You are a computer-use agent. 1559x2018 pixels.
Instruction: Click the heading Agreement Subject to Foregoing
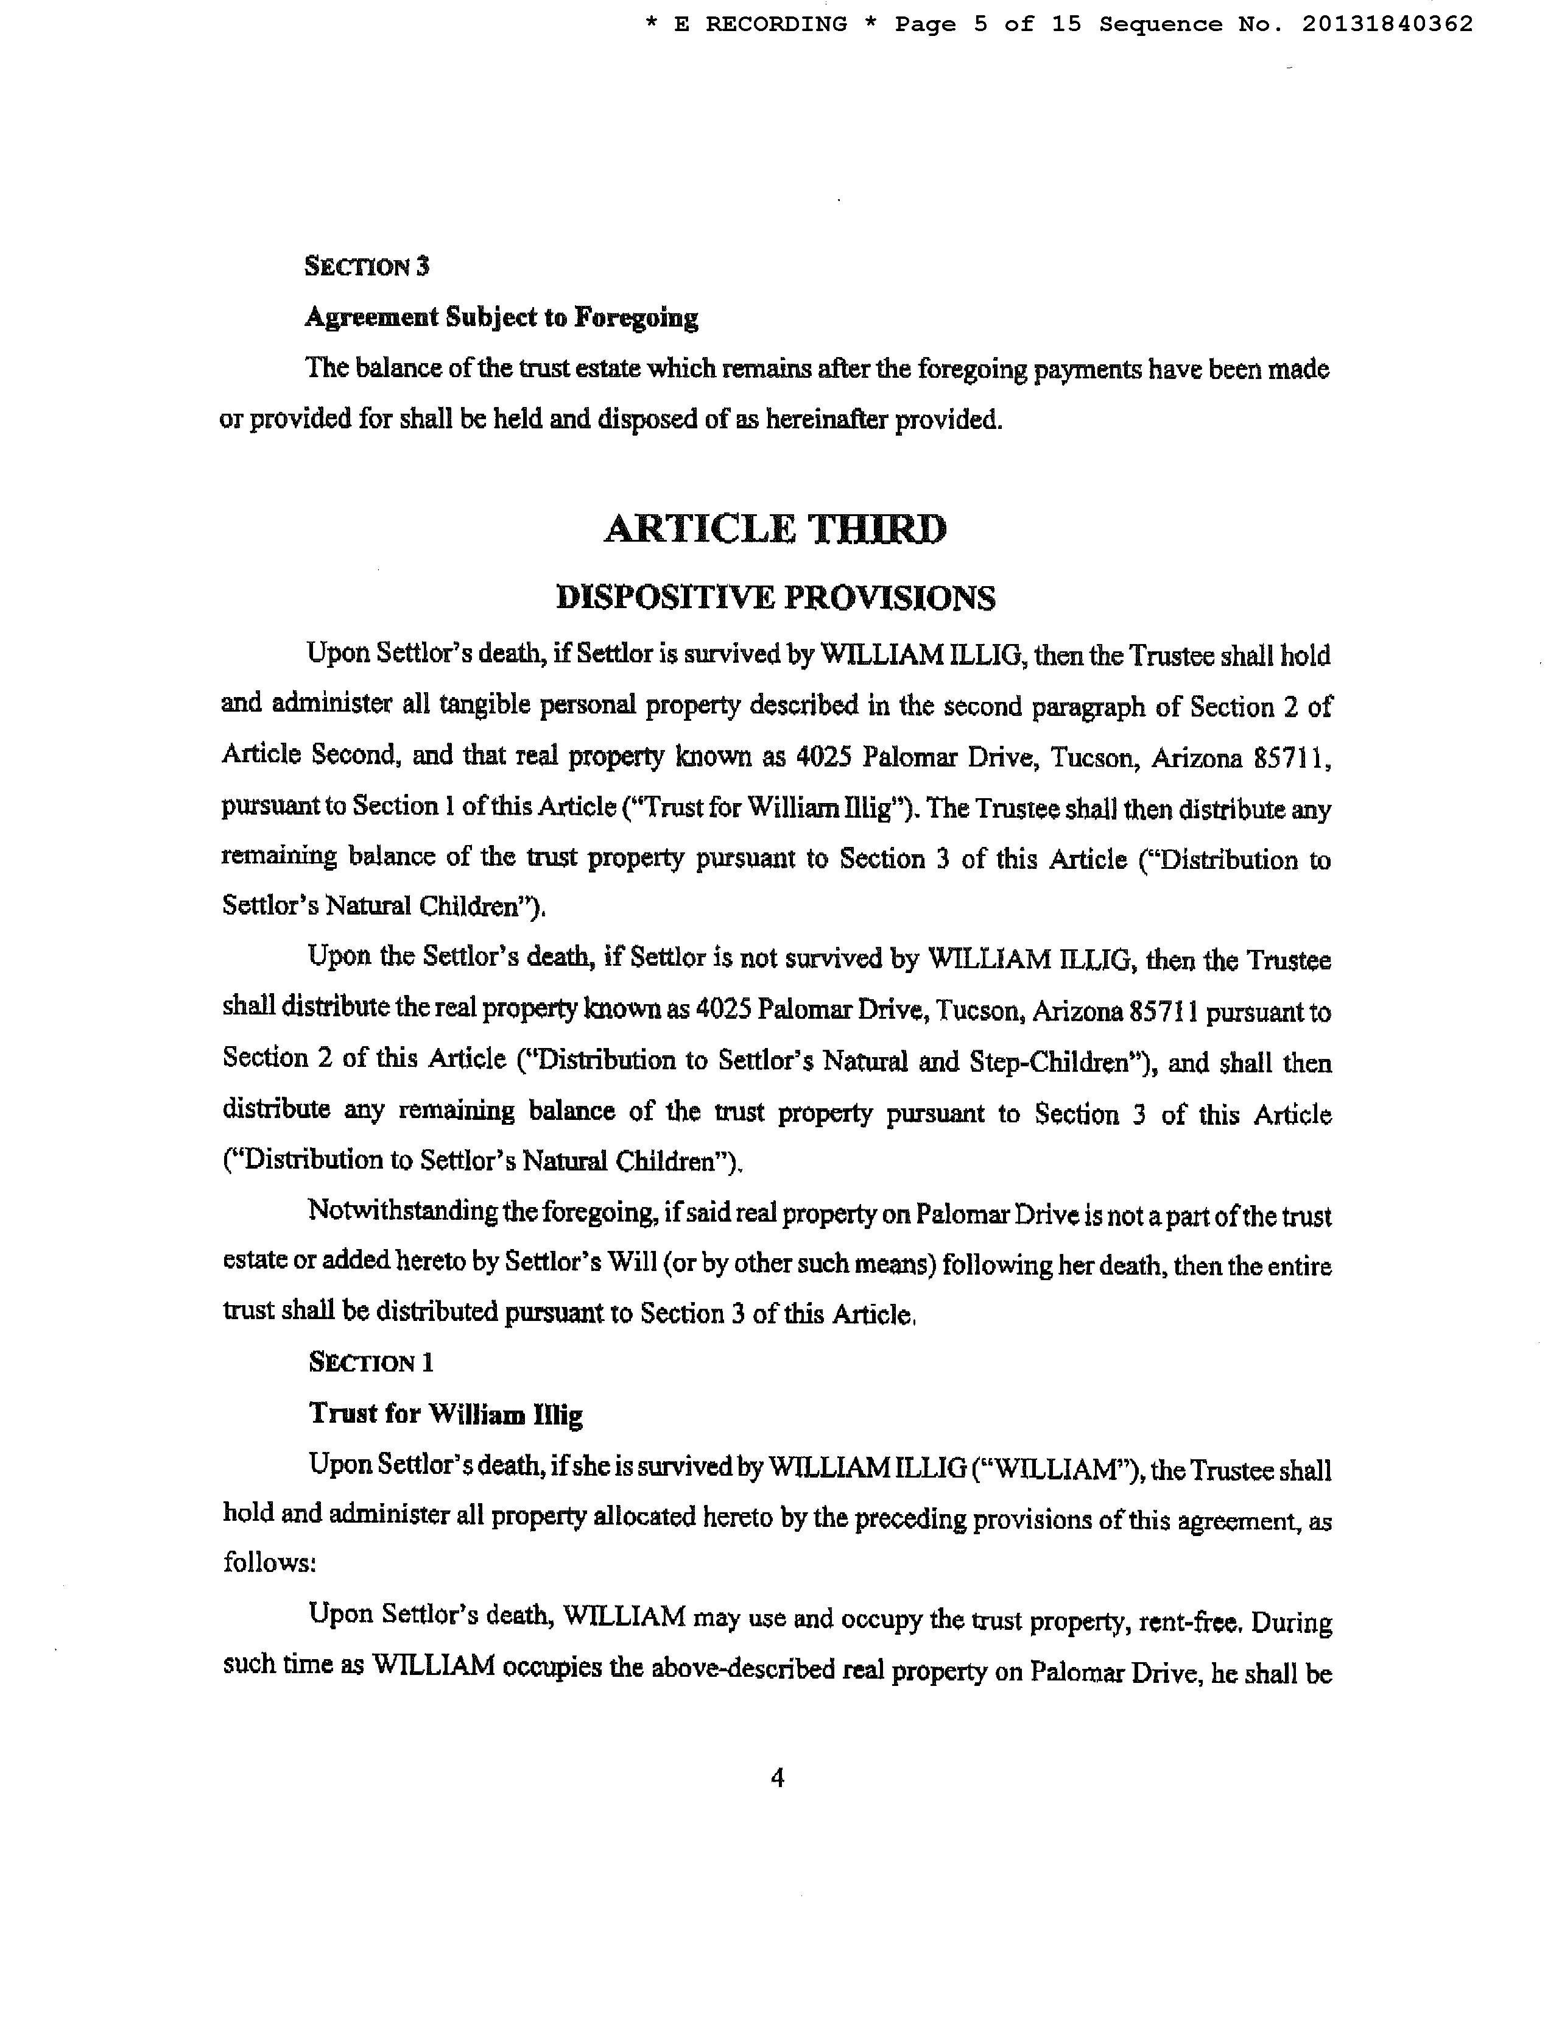click(x=502, y=318)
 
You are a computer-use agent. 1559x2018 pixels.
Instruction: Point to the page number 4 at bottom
click(x=776, y=1777)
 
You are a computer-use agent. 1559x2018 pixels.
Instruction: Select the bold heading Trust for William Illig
click(x=446, y=1415)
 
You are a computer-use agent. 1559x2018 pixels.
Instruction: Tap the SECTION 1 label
click(x=371, y=1363)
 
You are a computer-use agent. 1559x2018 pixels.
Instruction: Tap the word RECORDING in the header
click(x=776, y=24)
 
